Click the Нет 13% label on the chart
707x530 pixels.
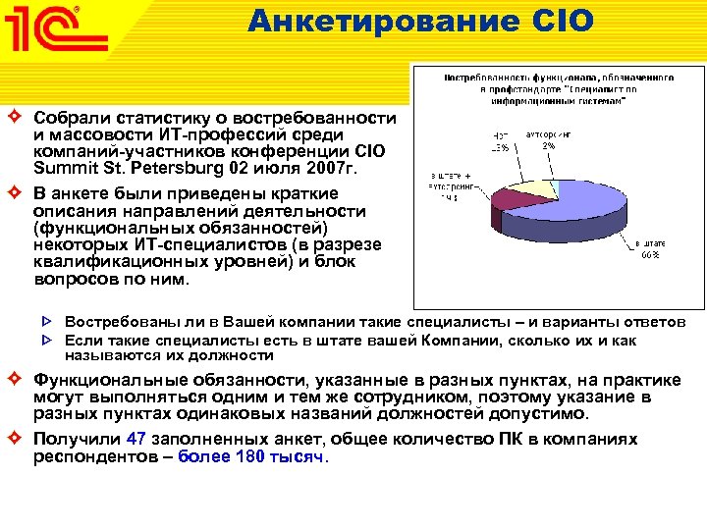pyautogui.click(x=500, y=140)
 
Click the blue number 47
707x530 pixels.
pyautogui.click(x=137, y=439)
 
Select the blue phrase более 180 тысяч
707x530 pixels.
pyautogui.click(x=253, y=456)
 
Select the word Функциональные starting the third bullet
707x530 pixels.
pyautogui.click(x=107, y=379)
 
